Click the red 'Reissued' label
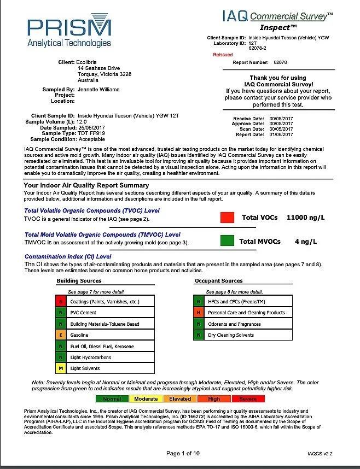click(x=223, y=55)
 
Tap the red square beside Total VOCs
click(x=227, y=217)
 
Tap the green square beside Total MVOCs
click(x=227, y=241)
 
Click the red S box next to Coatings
click(x=61, y=302)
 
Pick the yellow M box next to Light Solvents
click(x=61, y=368)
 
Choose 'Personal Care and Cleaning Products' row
click(x=246, y=313)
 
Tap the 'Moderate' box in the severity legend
click(x=146, y=399)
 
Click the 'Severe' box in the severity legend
click(x=248, y=399)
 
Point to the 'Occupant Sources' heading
click(x=218, y=281)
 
